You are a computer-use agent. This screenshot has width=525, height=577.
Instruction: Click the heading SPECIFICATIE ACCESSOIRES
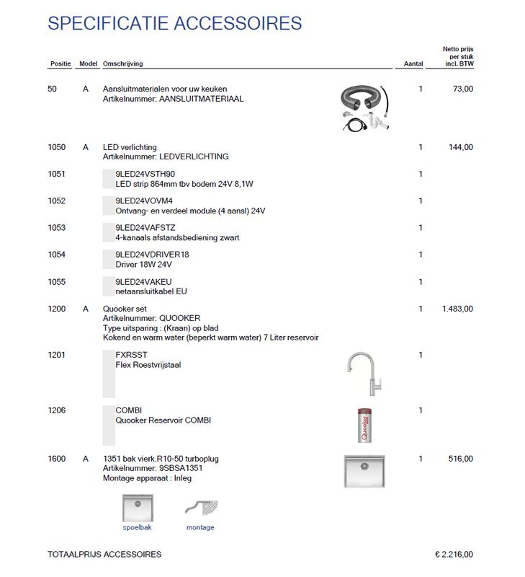pyautogui.click(x=174, y=23)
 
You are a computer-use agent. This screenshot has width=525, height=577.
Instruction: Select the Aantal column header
pyautogui.click(x=413, y=64)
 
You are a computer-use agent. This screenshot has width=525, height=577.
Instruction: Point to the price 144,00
pyautogui.click(x=461, y=147)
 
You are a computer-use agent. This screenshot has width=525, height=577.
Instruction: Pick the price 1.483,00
pyautogui.click(x=457, y=309)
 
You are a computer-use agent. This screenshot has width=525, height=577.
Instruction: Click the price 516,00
pyautogui.click(x=461, y=459)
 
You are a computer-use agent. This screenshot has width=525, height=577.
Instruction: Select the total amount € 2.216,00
pyautogui.click(x=454, y=555)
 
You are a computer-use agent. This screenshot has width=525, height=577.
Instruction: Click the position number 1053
pyautogui.click(x=56, y=228)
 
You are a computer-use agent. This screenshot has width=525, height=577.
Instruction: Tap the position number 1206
pyautogui.click(x=56, y=410)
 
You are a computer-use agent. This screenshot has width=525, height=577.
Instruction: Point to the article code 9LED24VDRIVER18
pyautogui.click(x=152, y=255)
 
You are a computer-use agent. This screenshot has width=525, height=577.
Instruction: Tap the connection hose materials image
pyautogui.click(x=365, y=108)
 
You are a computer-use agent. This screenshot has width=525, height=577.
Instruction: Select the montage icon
pyautogui.click(x=200, y=511)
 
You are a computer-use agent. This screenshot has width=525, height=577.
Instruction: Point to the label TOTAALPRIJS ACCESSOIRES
pyautogui.click(x=104, y=555)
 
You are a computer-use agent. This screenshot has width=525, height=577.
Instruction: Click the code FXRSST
pyautogui.click(x=131, y=355)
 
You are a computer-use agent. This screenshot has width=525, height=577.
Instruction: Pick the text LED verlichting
pyautogui.click(x=130, y=147)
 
